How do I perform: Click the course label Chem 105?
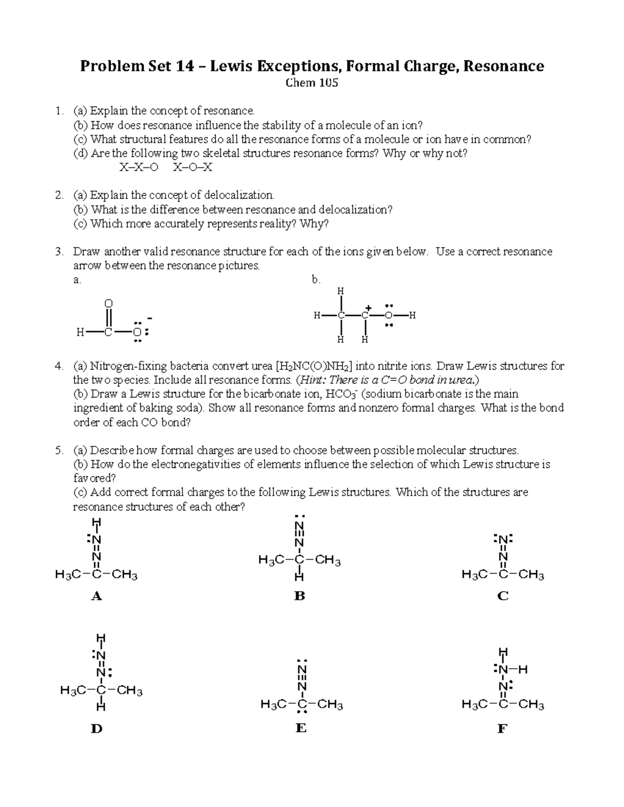[x=312, y=83]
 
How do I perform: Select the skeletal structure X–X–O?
[x=138, y=167]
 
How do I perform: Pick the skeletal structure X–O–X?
[x=192, y=167]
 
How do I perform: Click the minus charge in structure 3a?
[x=150, y=318]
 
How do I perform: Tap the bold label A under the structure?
[x=96, y=596]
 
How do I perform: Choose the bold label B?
[x=300, y=596]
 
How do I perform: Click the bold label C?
[x=502, y=596]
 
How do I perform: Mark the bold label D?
[x=96, y=729]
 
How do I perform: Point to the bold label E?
[x=301, y=729]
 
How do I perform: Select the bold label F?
[x=502, y=729]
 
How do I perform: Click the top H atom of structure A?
[x=96, y=522]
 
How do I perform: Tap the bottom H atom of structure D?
[x=101, y=707]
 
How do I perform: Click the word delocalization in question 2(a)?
[x=238, y=195]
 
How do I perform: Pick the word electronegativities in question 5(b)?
[x=199, y=464]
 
